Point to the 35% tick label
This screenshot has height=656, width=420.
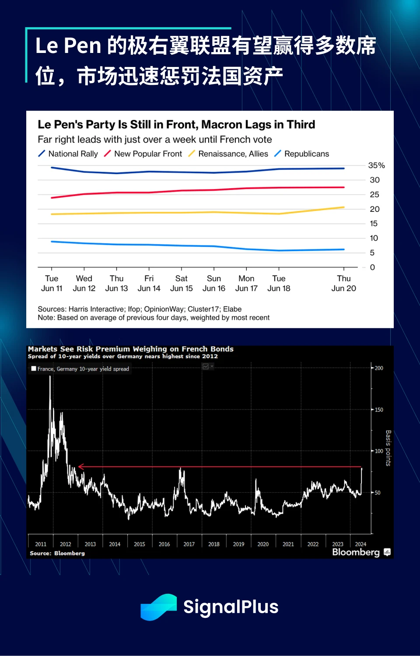click(x=376, y=165)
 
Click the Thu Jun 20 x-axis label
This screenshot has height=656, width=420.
click(x=343, y=284)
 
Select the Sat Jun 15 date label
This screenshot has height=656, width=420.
click(x=181, y=284)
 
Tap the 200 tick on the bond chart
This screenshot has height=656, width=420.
click(x=379, y=368)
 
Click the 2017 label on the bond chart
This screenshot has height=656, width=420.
click(x=189, y=544)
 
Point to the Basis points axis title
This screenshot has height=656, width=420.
click(x=388, y=448)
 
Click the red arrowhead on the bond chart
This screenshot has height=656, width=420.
click(x=80, y=467)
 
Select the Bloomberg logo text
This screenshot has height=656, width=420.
click(x=356, y=552)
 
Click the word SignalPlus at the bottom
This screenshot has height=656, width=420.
click(x=231, y=607)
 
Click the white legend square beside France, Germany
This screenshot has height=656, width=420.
click(x=34, y=368)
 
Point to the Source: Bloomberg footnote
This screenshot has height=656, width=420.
click(x=57, y=553)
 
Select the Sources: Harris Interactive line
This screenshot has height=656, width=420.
click(x=140, y=309)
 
